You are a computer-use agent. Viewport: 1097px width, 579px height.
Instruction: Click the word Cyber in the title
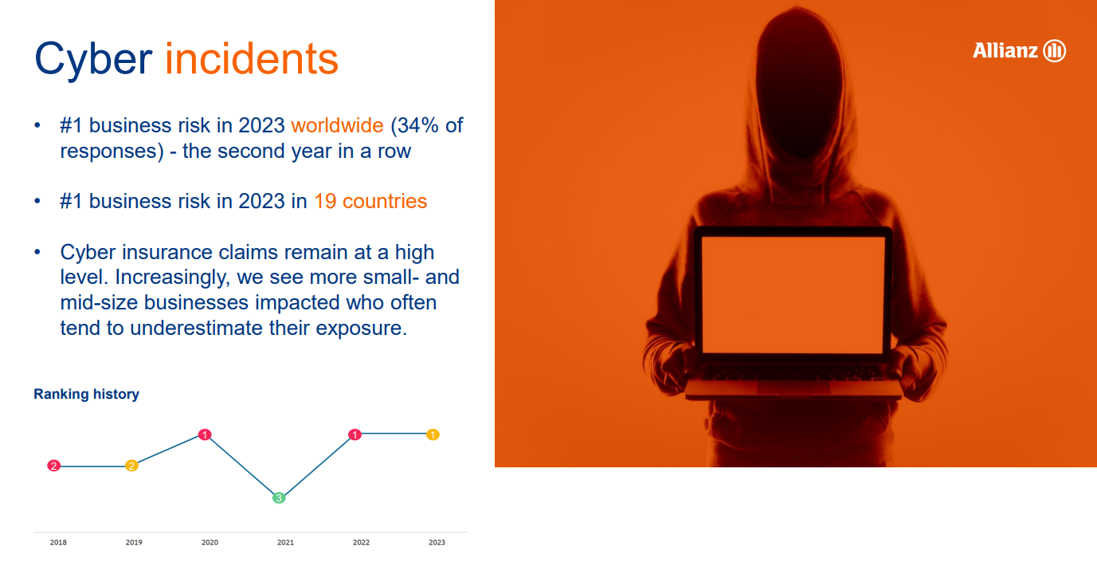(93, 60)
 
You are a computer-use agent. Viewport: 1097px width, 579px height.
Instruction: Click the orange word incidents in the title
(252, 59)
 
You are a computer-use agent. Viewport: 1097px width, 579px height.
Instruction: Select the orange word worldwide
(337, 125)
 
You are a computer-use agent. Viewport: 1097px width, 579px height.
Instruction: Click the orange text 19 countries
(370, 201)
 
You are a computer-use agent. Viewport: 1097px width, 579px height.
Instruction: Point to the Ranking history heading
(86, 394)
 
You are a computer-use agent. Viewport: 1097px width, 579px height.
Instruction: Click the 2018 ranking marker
(54, 466)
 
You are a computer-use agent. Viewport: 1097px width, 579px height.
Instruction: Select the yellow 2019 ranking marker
(131, 466)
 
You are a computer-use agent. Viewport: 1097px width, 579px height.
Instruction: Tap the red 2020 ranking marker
(205, 435)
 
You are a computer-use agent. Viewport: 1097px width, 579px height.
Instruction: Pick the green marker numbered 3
(279, 498)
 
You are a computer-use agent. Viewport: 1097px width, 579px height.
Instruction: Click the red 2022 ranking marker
(355, 435)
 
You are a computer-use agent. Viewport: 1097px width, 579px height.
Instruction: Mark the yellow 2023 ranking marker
(433, 435)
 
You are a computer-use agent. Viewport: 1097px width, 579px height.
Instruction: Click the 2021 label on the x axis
(285, 542)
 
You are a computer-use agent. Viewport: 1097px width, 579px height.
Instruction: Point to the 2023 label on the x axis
(437, 542)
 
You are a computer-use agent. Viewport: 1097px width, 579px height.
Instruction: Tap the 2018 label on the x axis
(58, 542)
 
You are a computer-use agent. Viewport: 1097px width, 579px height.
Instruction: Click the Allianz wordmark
(1005, 50)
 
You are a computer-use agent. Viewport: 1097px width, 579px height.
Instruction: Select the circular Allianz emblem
(1055, 50)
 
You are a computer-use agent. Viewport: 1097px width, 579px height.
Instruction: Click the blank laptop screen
(793, 294)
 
